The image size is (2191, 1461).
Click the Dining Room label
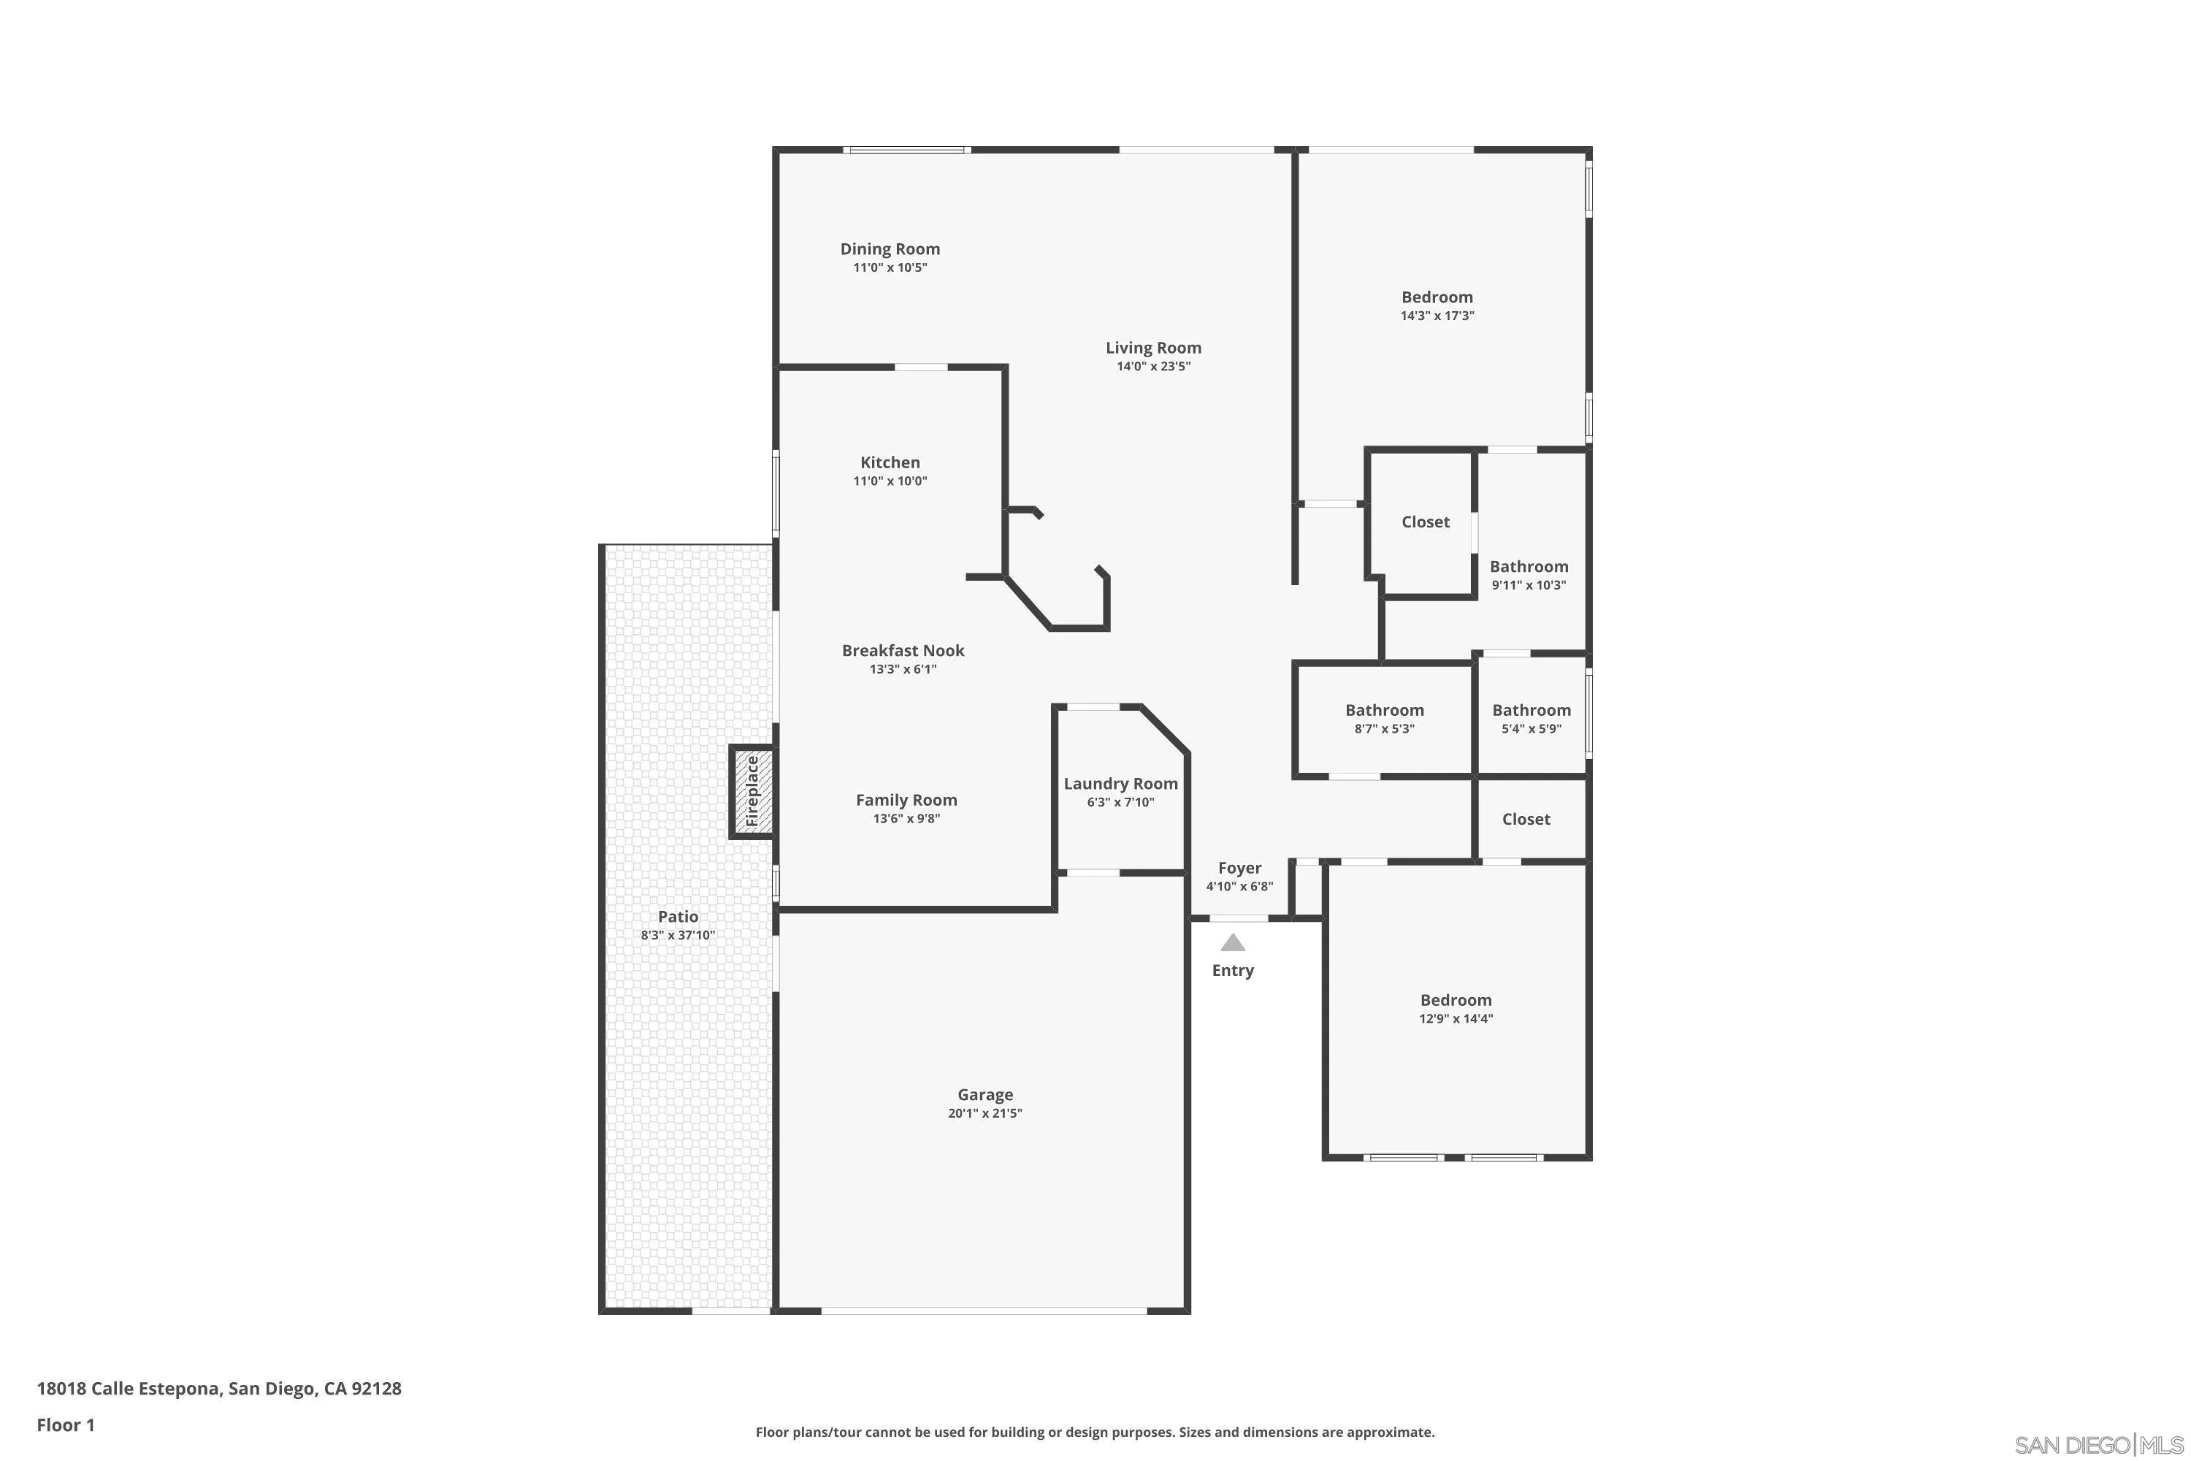(x=890, y=249)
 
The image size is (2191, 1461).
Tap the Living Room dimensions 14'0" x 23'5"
(x=1153, y=366)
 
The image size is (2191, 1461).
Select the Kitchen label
(x=890, y=462)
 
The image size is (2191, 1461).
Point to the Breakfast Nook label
(x=903, y=650)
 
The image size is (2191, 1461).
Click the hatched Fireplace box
(x=752, y=793)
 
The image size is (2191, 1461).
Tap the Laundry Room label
(x=1120, y=785)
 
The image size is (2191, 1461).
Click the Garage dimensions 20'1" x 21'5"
(x=984, y=1113)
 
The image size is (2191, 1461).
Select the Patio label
(x=678, y=917)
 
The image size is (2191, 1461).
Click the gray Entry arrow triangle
(x=1233, y=943)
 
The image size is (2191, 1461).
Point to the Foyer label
(x=1240, y=869)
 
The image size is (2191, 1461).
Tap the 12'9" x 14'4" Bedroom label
(x=1456, y=1001)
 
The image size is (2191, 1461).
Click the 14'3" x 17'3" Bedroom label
(x=1437, y=297)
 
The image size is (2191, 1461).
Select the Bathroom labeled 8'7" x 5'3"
(x=1384, y=711)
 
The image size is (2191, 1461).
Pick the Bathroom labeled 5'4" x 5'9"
(x=1532, y=711)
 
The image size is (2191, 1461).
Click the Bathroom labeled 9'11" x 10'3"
(x=1529, y=567)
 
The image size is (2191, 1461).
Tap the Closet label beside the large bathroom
(x=1426, y=522)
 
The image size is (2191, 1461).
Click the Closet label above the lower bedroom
(x=1526, y=819)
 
